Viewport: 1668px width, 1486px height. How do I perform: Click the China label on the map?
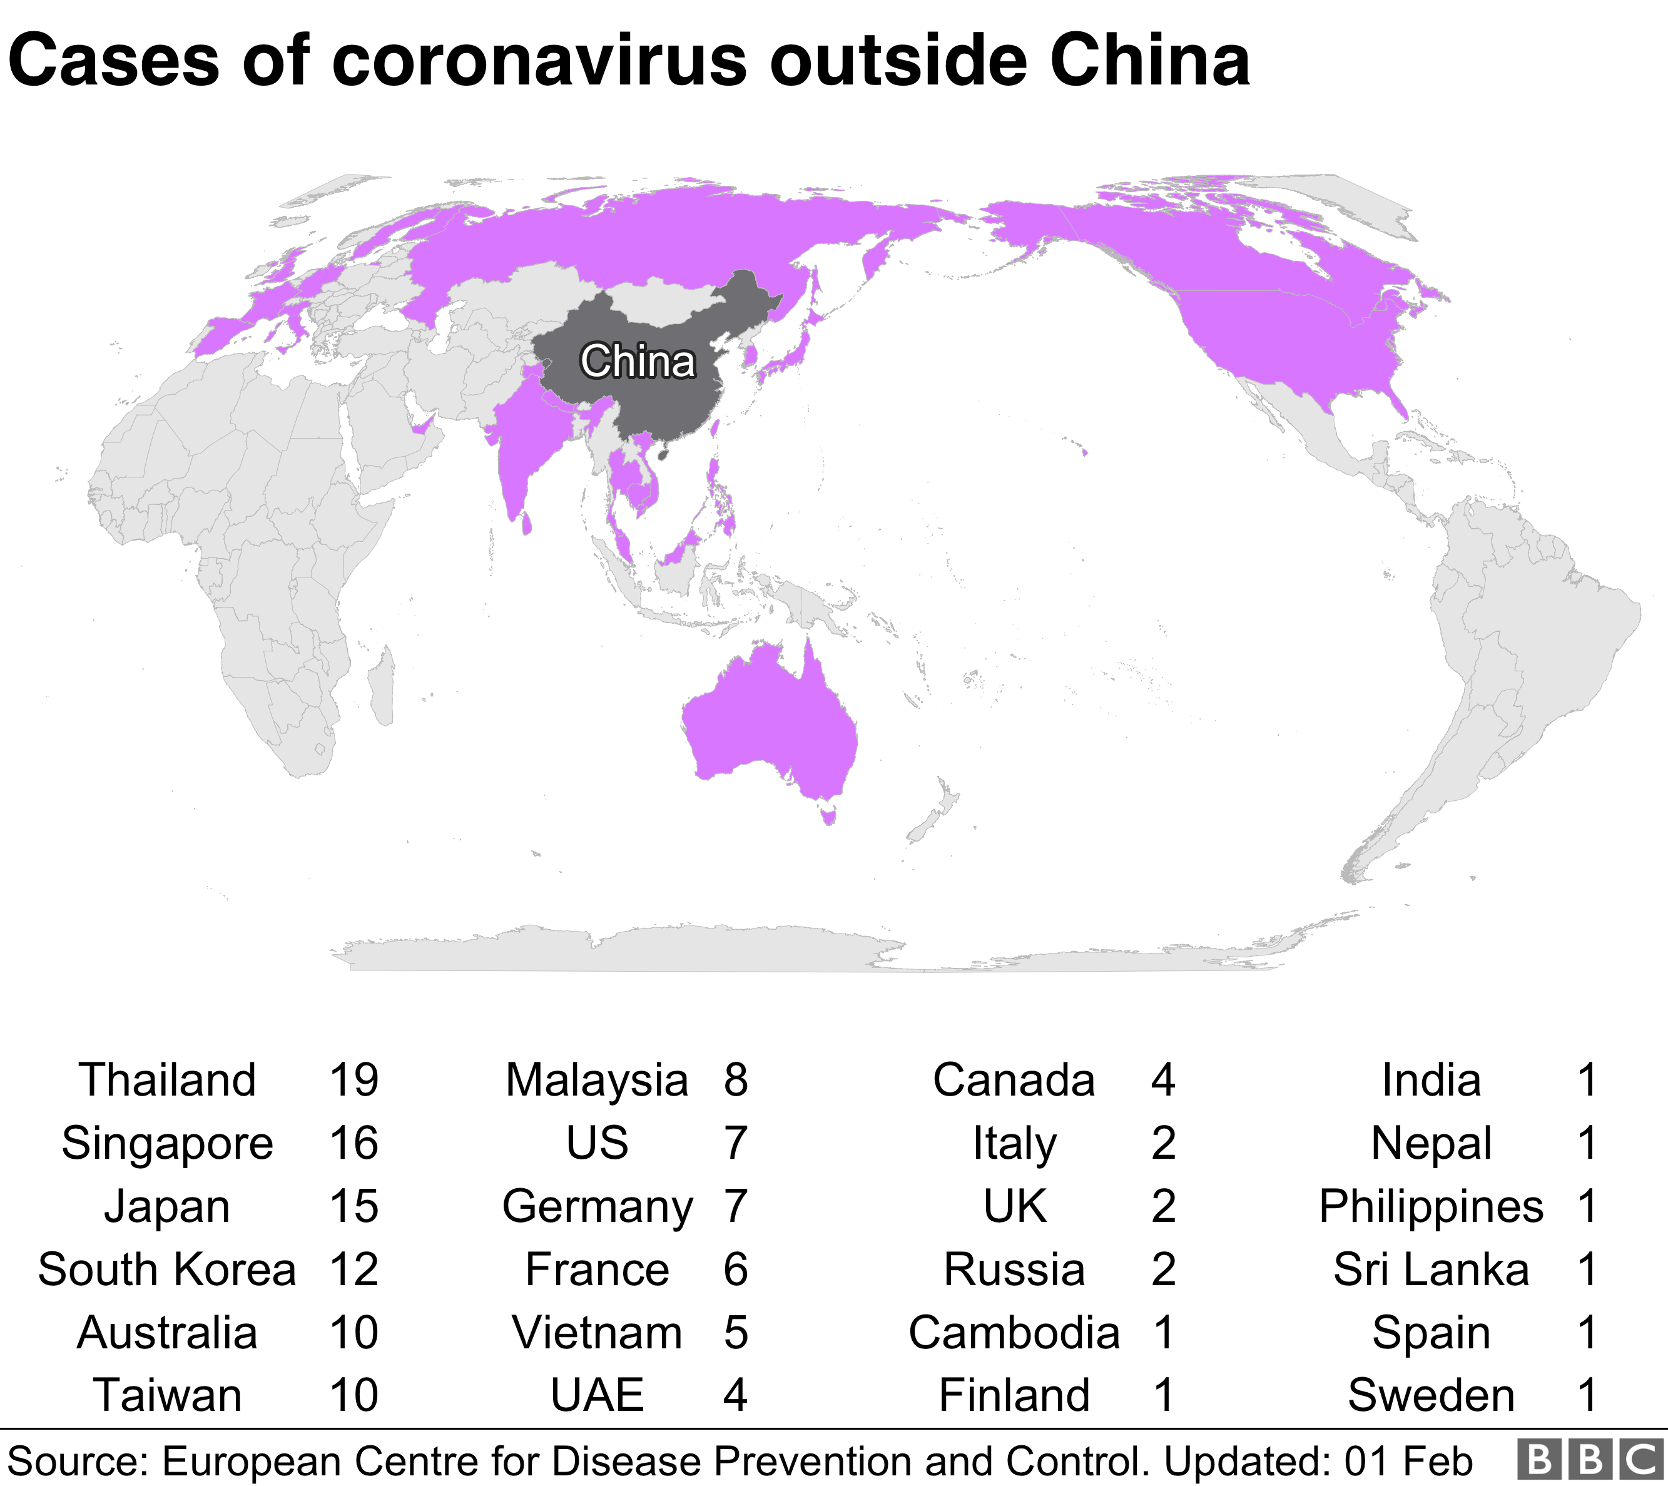point(638,361)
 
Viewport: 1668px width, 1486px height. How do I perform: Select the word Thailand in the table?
point(168,1080)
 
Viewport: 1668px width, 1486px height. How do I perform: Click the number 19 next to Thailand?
point(353,1080)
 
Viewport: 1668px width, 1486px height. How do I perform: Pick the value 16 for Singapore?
point(353,1143)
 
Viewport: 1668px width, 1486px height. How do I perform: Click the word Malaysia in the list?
point(597,1080)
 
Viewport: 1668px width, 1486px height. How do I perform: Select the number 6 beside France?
point(735,1270)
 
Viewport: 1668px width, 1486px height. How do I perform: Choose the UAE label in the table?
point(597,1395)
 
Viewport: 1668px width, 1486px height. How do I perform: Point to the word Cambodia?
point(1014,1333)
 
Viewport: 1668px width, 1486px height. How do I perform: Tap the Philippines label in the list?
point(1432,1207)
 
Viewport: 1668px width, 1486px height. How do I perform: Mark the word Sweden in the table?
point(1432,1395)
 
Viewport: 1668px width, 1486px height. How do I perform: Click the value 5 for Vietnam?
point(735,1333)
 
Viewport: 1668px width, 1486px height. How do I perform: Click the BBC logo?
point(1590,1461)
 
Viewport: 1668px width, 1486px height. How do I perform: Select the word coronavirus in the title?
point(539,61)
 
